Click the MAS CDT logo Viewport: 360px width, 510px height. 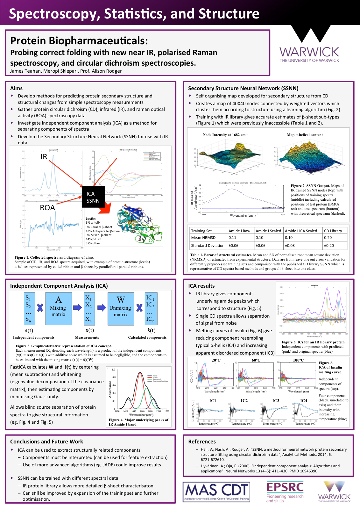pyautogui.click(x=216, y=492)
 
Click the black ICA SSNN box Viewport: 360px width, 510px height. pyautogui.click(x=93, y=197)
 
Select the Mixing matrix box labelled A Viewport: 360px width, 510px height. pyautogui.click(x=58, y=308)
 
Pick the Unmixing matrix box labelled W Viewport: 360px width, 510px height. pyautogui.click(x=120, y=308)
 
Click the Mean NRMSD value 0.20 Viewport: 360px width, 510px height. pyautogui.click(x=328, y=238)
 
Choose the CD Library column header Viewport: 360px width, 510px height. pyautogui.click(x=333, y=231)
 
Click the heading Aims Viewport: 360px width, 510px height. pyautogui.click(x=16, y=88)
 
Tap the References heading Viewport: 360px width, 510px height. pyautogui.click(x=202, y=442)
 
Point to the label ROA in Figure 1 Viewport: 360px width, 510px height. pyautogui.click(x=47, y=208)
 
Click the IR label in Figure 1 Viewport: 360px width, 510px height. pyautogui.click(x=44, y=157)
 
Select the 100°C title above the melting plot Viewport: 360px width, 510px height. pyautogui.click(x=298, y=360)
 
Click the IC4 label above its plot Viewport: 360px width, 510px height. pyautogui.click(x=304, y=401)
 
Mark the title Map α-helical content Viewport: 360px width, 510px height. pyautogui.click(x=305, y=135)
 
